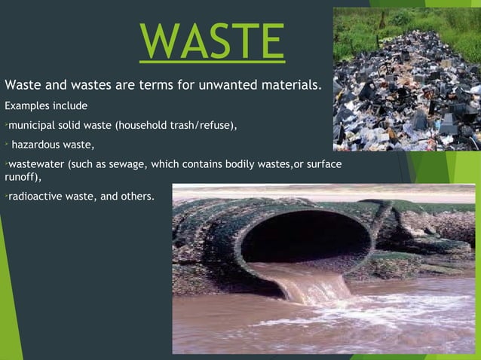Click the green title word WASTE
[x=212, y=41]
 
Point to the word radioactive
[x=34, y=197]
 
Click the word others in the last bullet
[x=136, y=197]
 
